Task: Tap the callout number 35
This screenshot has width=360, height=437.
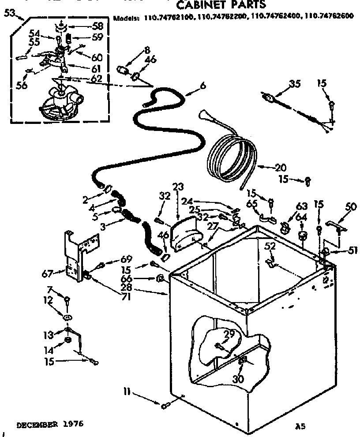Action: pyautogui.click(x=295, y=84)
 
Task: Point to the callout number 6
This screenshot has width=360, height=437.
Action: pyautogui.click(x=202, y=87)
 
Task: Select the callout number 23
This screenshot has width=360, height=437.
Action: pyautogui.click(x=178, y=187)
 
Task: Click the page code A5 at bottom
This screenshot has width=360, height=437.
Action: pyautogui.click(x=300, y=426)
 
